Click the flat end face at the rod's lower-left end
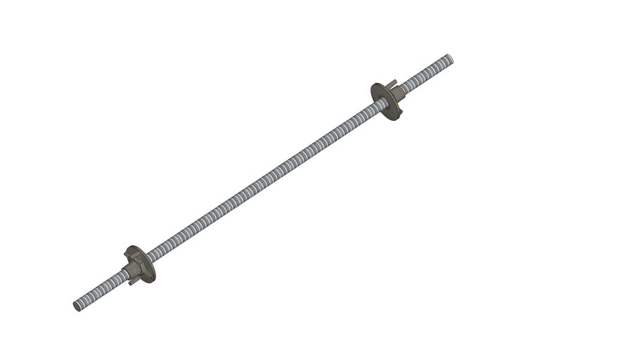(x=77, y=306)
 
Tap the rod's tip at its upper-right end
(x=449, y=58)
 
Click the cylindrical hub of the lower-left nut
(x=131, y=271)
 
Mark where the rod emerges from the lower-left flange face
(x=149, y=258)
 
